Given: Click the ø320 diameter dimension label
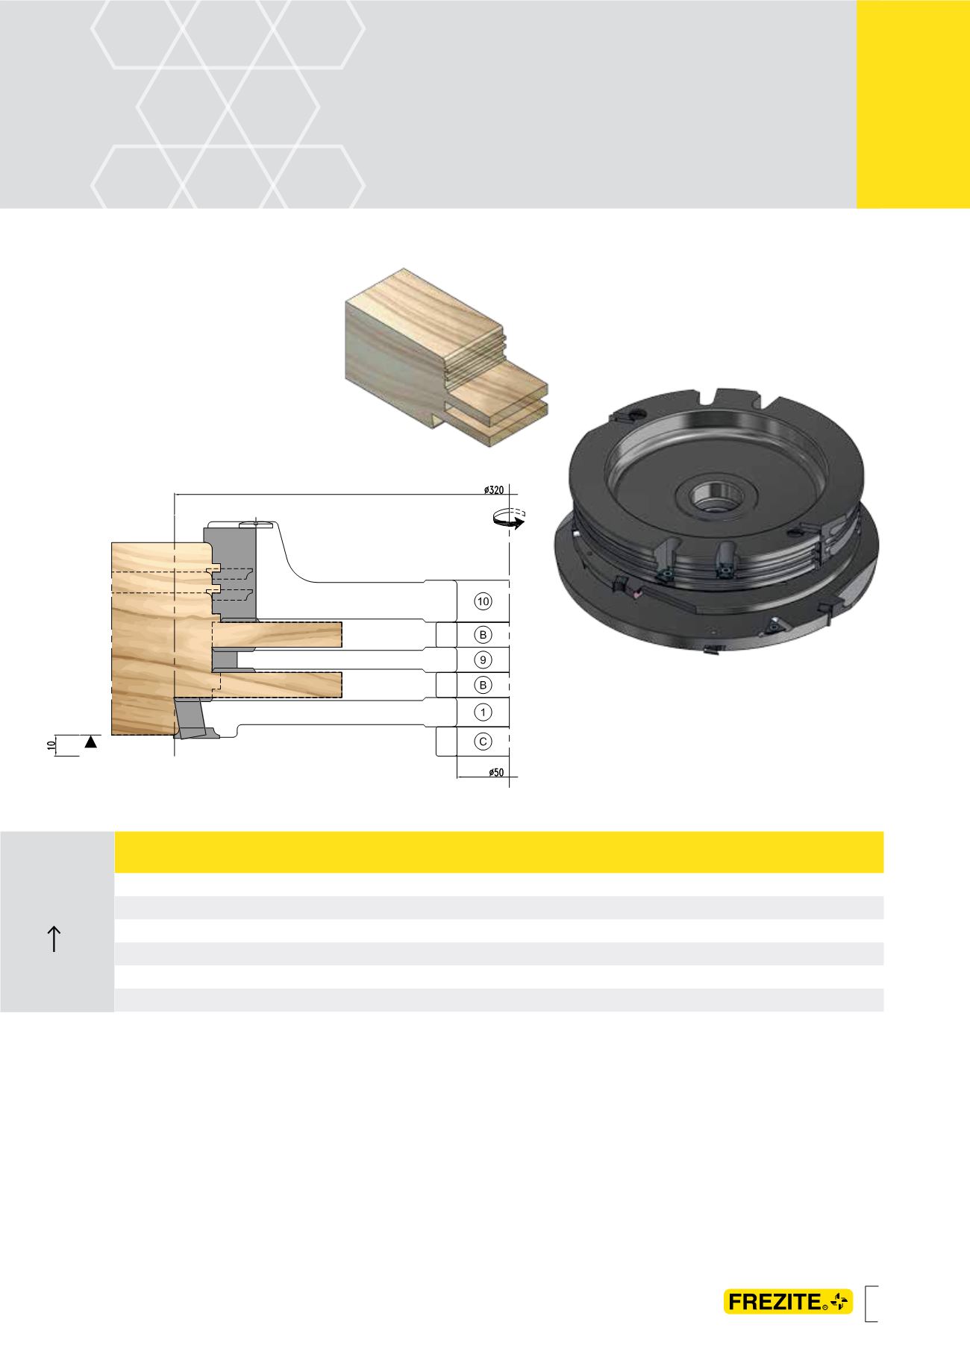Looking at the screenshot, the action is coord(493,489).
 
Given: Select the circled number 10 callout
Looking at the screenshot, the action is coord(483,601).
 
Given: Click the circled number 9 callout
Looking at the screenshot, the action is coord(483,660).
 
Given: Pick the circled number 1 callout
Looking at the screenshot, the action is coord(483,712).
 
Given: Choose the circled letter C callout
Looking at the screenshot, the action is coord(483,742).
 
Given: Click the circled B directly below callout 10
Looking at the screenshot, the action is coord(483,635).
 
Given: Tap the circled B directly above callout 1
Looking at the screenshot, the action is coord(483,685).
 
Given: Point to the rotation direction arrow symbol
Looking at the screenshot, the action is coord(510,519).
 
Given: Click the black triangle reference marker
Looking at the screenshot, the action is coord(91,742).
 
